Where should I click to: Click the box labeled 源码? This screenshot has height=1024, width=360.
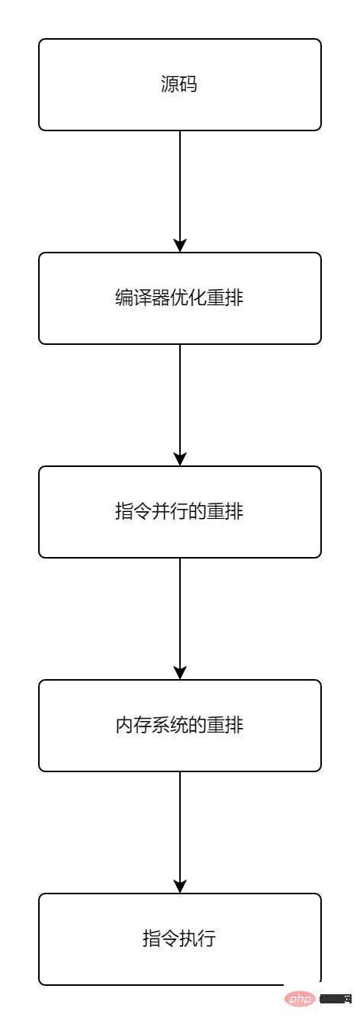[179, 85]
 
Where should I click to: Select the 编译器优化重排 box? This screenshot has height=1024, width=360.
[179, 298]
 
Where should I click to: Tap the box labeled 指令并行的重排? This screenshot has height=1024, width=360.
[179, 511]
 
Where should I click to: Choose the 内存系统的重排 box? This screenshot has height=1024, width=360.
[179, 726]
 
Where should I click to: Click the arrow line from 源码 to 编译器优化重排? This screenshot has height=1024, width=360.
[180, 191]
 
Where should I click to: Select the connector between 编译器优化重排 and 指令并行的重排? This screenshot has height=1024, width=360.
[180, 405]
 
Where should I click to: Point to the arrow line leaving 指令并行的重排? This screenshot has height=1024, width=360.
[180, 619]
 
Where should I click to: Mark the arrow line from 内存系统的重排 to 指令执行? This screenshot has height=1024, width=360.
[180, 832]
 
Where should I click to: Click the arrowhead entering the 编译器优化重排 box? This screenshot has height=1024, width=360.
[180, 246]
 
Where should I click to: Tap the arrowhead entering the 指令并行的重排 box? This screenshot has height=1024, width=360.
[180, 459]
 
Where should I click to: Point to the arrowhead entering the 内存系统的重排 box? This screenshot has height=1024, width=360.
[180, 673]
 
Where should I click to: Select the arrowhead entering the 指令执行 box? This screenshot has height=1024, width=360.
[180, 887]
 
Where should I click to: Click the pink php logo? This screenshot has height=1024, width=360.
[301, 998]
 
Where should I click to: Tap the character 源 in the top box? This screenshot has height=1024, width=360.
[170, 85]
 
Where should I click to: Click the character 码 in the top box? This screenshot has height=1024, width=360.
[188, 85]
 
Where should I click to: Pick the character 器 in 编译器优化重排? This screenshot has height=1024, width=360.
[161, 298]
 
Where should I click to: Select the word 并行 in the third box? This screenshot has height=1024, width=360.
[170, 511]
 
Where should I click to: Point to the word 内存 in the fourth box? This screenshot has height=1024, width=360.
[133, 726]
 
